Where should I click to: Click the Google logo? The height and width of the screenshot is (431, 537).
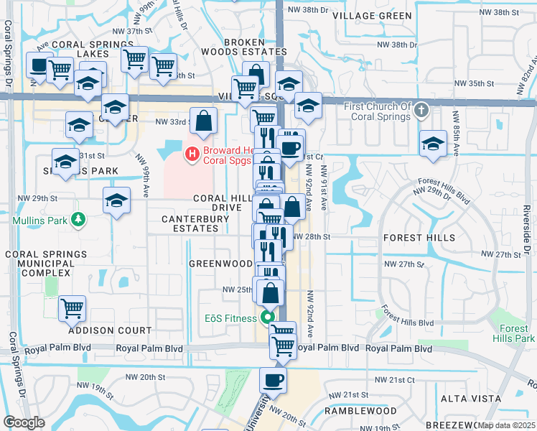(24, 422)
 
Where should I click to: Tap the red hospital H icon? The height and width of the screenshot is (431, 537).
(192, 153)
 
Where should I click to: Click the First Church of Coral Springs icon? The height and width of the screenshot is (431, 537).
(422, 111)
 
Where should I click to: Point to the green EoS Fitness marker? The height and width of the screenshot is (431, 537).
(268, 317)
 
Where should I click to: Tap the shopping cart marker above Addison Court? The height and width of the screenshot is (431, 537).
(72, 308)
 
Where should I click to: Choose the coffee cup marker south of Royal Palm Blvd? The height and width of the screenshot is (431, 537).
(273, 380)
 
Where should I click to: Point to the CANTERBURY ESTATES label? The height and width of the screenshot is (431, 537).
(190, 223)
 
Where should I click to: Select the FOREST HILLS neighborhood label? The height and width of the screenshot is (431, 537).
(419, 237)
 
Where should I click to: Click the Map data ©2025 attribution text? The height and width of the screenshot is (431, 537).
(506, 425)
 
